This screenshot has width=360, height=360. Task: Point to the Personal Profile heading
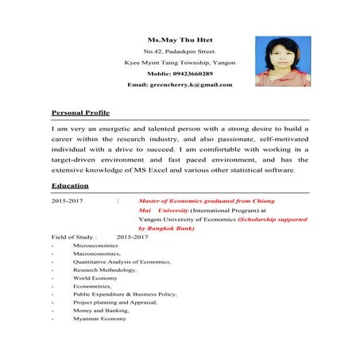point(80,114)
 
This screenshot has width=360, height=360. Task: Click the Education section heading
point(70,186)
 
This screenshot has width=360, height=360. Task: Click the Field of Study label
point(74,237)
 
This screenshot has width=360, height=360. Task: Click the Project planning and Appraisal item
point(114,302)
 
